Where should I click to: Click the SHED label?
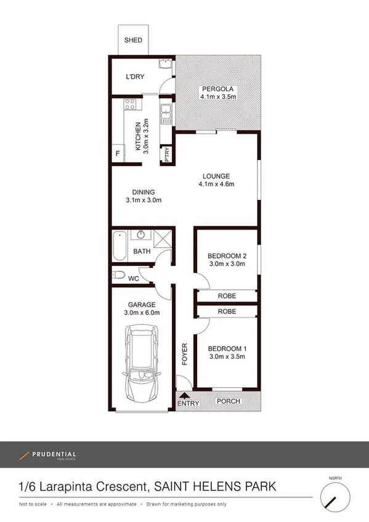coord(133,40)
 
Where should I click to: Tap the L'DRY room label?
coord(134,77)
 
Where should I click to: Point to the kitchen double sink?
coord(165,114)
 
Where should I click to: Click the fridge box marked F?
coord(118,153)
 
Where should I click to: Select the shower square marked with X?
coord(163,238)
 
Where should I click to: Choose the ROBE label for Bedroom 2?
coord(226,296)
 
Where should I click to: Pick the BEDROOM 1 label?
coord(226,347)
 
